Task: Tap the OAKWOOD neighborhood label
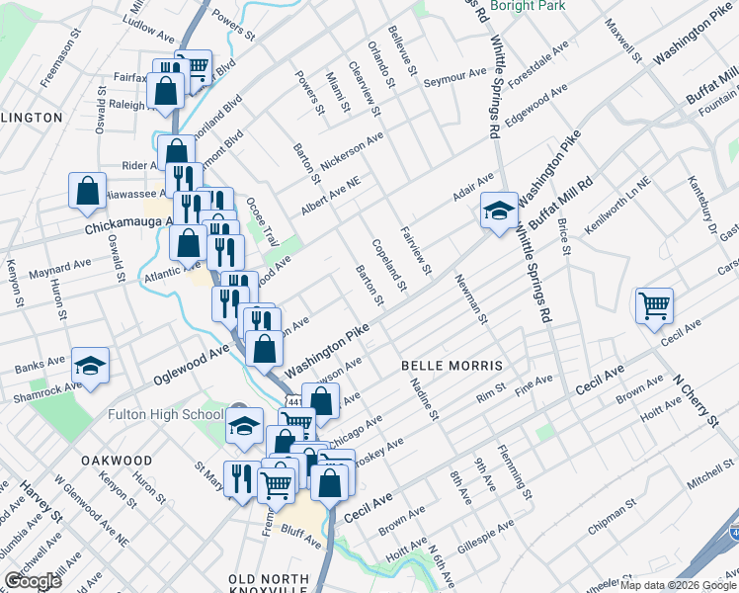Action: pos(118,461)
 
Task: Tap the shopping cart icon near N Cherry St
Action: pos(654,304)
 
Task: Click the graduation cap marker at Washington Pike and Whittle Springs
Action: pos(499,210)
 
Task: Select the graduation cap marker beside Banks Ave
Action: pos(90,366)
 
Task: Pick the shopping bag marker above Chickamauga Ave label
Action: pos(87,191)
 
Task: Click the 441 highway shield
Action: pos(294,403)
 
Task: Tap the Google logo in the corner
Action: pos(33,580)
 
